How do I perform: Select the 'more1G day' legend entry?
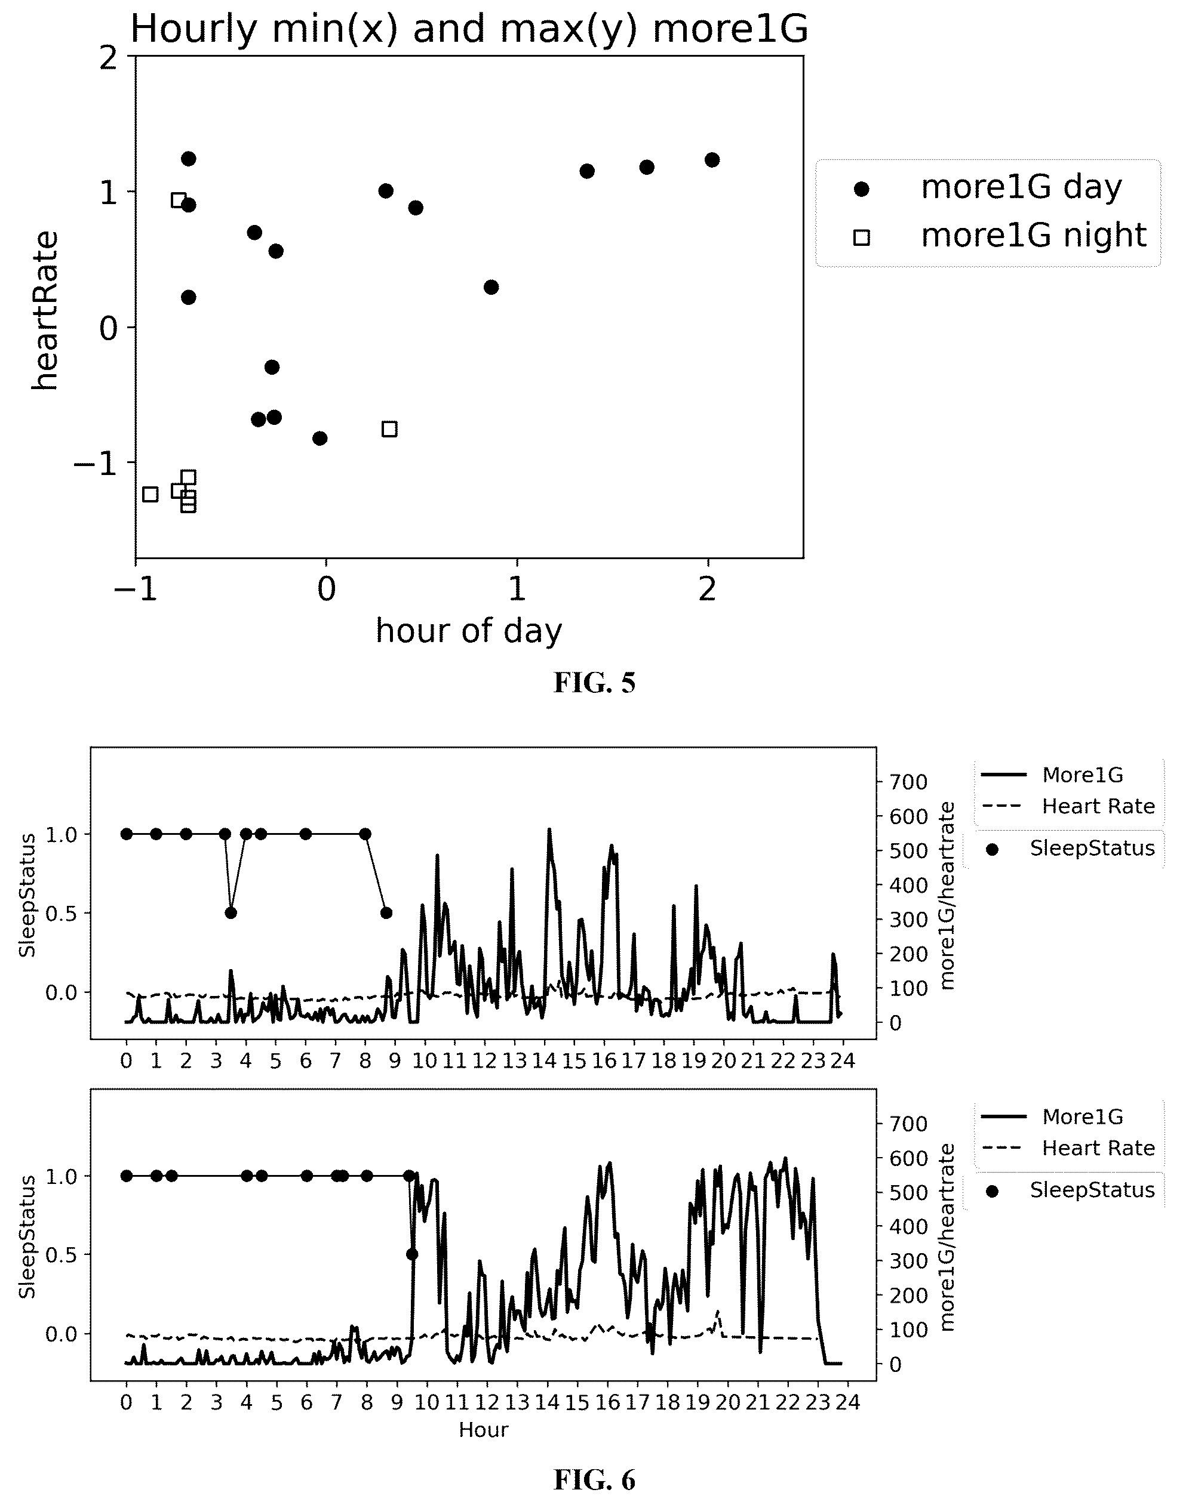(x=988, y=187)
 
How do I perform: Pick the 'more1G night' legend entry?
(x=1000, y=236)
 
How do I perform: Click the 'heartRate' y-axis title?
(x=45, y=311)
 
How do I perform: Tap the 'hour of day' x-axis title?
(x=469, y=630)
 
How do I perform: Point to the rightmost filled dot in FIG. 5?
(x=711, y=160)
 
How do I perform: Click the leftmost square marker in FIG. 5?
(x=150, y=494)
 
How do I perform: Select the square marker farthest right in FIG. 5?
(x=390, y=428)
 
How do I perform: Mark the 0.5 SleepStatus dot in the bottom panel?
(x=412, y=1254)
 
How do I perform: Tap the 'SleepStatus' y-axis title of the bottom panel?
(x=27, y=1237)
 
